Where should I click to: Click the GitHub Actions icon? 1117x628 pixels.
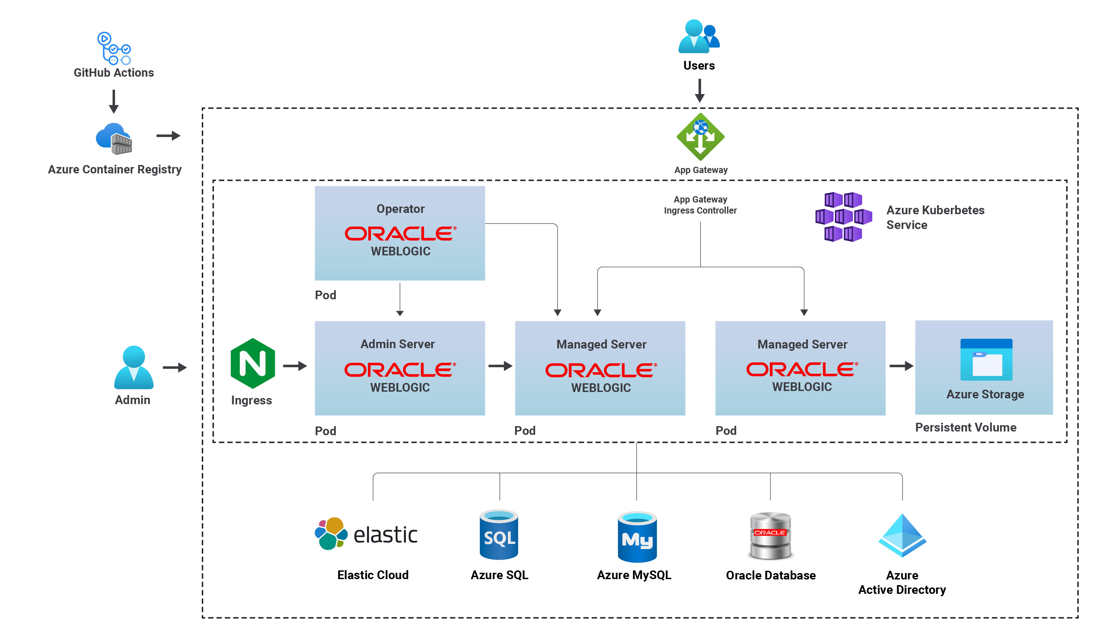[114, 48]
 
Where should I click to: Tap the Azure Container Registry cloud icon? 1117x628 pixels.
[114, 139]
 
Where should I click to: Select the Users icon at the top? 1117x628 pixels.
[699, 36]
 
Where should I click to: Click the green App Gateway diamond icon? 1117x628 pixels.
[700, 137]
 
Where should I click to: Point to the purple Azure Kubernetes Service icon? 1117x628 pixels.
[843, 217]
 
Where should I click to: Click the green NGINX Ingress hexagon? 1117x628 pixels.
[253, 363]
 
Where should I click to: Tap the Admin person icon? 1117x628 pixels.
[134, 368]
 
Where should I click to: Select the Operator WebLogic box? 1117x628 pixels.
[400, 233]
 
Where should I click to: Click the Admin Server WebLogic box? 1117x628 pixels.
[400, 368]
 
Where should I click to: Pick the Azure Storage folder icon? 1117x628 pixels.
[986, 360]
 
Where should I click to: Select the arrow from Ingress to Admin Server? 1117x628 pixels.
[295, 366]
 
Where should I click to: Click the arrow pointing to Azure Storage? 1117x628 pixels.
[901, 366]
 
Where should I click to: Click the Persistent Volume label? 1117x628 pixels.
[965, 427]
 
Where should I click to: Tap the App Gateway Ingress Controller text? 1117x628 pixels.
[700, 205]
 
